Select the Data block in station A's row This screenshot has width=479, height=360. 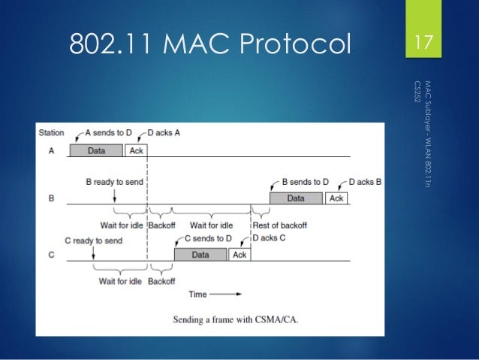(x=96, y=150)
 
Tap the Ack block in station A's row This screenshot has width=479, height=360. (x=136, y=150)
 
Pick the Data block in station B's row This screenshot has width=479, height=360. (x=296, y=198)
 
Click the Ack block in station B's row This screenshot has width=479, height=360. (x=336, y=198)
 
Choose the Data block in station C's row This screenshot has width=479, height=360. (x=200, y=255)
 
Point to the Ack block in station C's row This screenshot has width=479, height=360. (x=239, y=255)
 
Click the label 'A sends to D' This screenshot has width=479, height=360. (x=108, y=133)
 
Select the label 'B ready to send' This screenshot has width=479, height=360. (x=113, y=181)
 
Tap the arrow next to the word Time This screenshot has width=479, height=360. (x=228, y=294)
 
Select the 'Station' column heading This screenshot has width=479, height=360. (x=51, y=133)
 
